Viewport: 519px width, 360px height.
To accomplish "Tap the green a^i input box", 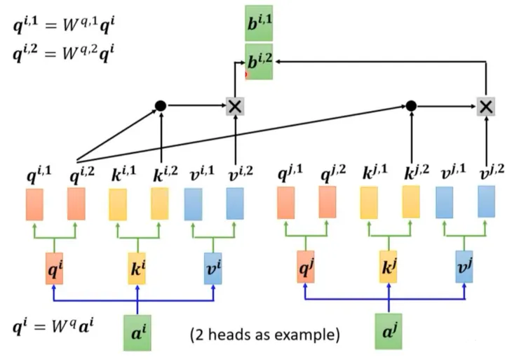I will coord(137,331).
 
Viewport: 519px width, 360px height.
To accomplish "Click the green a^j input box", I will coord(388,331).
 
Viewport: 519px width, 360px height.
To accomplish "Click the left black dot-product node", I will coord(161,105).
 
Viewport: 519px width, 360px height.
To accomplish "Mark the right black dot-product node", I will coord(411,105).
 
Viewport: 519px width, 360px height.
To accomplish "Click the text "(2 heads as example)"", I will coord(265,335).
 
